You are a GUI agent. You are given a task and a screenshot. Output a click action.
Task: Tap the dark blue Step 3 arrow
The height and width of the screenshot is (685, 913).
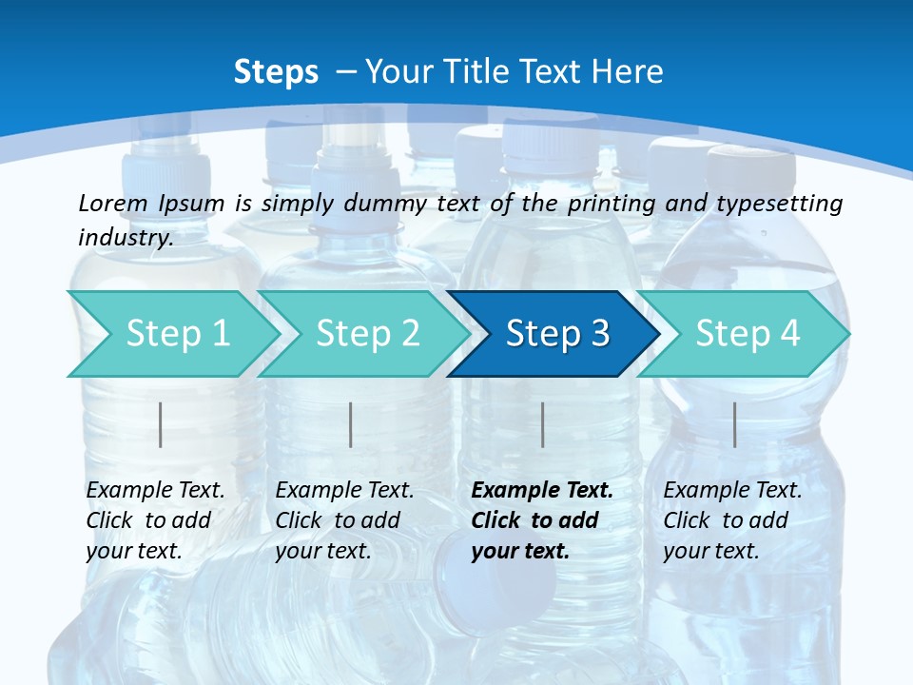[x=557, y=334]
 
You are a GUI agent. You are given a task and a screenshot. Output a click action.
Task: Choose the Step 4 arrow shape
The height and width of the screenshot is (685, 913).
[x=748, y=334]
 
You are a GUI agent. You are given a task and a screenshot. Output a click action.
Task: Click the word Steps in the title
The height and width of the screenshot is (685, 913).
[x=276, y=72]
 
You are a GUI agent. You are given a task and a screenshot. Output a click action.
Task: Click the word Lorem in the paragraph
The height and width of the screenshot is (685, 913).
[x=112, y=204]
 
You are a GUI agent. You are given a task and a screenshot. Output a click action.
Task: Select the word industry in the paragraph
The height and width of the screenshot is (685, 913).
[x=125, y=238]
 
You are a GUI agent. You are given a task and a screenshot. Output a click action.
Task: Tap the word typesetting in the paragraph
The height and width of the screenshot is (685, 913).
[x=785, y=204]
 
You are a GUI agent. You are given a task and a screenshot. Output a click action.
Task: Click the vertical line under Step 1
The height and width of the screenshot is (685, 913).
[x=161, y=424]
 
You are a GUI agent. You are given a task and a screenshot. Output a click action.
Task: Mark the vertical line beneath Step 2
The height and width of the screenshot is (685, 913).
[x=351, y=424]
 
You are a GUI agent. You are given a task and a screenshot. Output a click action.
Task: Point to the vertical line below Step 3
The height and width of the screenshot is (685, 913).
[x=543, y=424]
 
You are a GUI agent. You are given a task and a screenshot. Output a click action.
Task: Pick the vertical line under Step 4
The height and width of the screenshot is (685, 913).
[x=735, y=424]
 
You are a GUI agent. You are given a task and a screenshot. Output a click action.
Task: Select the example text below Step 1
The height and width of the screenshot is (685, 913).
[x=155, y=520]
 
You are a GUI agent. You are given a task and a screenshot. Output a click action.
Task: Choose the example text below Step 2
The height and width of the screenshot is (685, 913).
[x=344, y=520]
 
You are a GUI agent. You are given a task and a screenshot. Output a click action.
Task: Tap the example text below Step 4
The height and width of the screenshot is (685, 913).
[x=732, y=520]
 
